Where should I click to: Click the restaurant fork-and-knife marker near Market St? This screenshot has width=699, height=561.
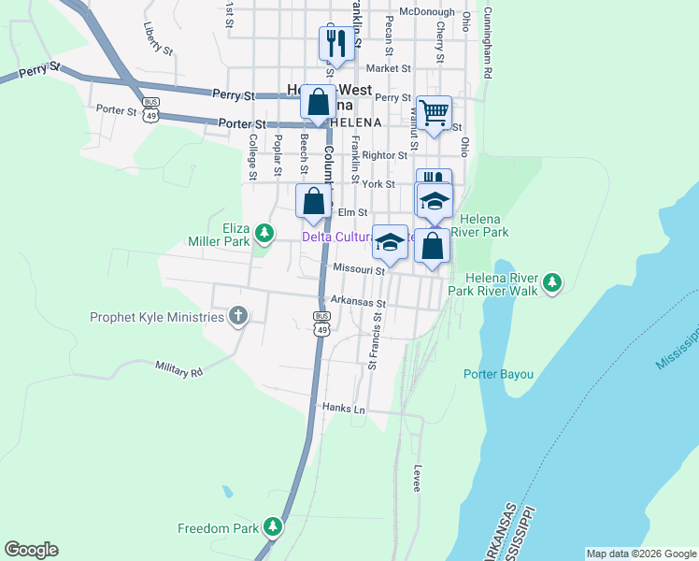[335, 43]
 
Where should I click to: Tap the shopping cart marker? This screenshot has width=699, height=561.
[435, 113]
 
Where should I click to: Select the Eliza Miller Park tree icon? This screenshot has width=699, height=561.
[264, 231]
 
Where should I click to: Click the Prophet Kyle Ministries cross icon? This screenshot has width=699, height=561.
[238, 316]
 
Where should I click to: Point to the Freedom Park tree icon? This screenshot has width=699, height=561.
[273, 527]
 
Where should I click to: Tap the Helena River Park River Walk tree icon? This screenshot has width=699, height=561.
[553, 280]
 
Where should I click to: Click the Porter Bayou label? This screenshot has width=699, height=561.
[498, 375]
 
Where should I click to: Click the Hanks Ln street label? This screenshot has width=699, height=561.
[342, 409]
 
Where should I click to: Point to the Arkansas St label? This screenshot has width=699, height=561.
[358, 303]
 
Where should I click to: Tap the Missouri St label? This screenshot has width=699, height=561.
[360, 270]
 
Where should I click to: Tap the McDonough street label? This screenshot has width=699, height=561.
[426, 12]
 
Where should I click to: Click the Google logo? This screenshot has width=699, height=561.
[31, 550]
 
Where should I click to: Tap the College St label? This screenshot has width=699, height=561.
[252, 155]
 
